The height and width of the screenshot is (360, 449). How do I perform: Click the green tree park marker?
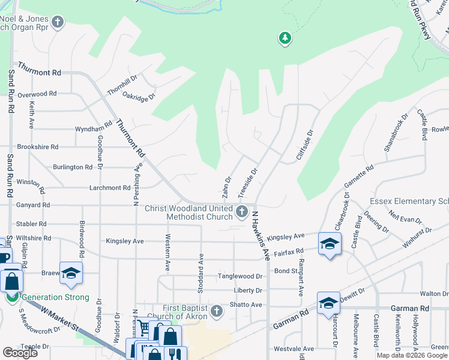click(x=285, y=39)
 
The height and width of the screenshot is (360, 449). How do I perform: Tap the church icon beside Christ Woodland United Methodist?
click(x=242, y=211)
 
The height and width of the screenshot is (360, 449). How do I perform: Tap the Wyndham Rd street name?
click(x=93, y=129)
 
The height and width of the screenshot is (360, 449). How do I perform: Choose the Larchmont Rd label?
click(x=110, y=188)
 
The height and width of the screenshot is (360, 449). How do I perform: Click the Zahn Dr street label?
click(x=227, y=187)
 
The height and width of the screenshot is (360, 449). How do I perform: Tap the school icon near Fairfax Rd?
click(x=330, y=244)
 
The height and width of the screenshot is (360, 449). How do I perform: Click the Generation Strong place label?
click(x=55, y=297)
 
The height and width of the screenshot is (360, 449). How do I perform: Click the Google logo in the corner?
click(x=20, y=353)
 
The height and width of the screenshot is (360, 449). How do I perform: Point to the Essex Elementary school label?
click(x=408, y=201)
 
